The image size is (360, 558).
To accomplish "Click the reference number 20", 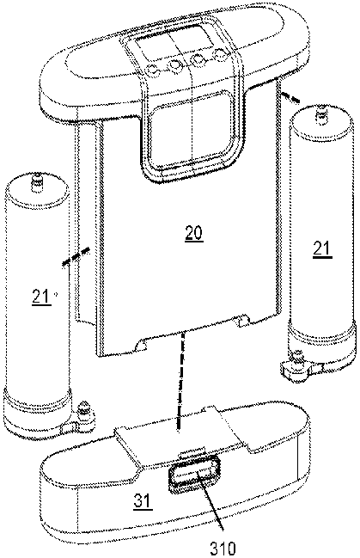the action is pyautogui.click(x=193, y=233).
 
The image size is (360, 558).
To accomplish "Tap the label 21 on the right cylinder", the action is pyautogui.click(x=322, y=248).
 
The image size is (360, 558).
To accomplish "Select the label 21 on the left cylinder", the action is pyautogui.click(x=41, y=297).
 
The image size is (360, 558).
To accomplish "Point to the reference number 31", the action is pyautogui.click(x=143, y=501).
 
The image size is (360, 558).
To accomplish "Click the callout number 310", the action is pyautogui.click(x=223, y=549).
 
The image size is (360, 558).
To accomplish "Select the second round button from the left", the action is pyautogui.click(x=174, y=65).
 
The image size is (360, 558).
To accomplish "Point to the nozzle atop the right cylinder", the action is pyautogui.click(x=321, y=116).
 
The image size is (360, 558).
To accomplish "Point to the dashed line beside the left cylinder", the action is pyautogui.click(x=76, y=257).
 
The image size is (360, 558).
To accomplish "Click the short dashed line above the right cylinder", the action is pyautogui.click(x=290, y=97).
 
